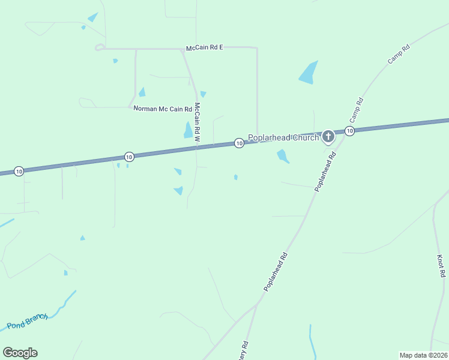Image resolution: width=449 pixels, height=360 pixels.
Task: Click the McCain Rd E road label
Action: click(204, 47)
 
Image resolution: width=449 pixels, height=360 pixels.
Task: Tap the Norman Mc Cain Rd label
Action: click(161, 109)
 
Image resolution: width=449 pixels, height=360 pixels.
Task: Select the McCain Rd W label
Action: click(197, 122)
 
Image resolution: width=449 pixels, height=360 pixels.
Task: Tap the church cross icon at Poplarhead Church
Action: click(328, 137)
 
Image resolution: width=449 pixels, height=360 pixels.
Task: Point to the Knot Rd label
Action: click(441, 266)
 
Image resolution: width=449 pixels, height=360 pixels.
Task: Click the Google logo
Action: click(20, 353)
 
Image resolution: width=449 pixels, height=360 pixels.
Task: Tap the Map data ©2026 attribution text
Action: click(423, 355)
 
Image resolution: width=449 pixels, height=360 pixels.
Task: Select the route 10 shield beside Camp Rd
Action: click(349, 131)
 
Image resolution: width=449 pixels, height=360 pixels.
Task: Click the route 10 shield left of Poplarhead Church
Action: click(239, 143)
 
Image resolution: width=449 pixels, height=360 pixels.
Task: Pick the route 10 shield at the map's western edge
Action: click(19, 172)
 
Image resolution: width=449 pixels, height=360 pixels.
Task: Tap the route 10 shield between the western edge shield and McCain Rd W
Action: click(129, 157)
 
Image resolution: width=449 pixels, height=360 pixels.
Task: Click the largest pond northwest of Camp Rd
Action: click(309, 73)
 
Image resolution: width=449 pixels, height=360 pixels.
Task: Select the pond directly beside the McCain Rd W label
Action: click(188, 130)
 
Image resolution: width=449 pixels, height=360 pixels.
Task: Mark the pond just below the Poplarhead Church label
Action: click(282, 156)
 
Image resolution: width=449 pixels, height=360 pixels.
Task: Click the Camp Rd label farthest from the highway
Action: click(397, 55)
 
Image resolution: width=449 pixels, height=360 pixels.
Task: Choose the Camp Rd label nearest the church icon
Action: click(356, 109)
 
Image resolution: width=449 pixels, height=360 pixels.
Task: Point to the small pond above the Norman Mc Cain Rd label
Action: click(142, 92)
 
